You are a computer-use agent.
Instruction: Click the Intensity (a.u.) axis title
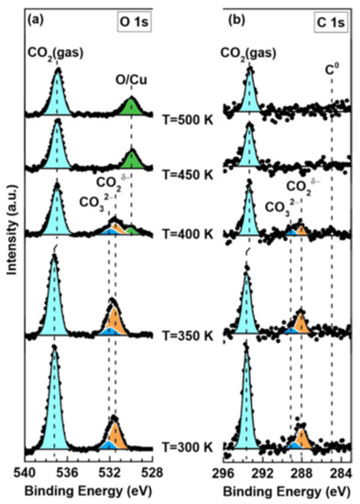coord(11,247)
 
